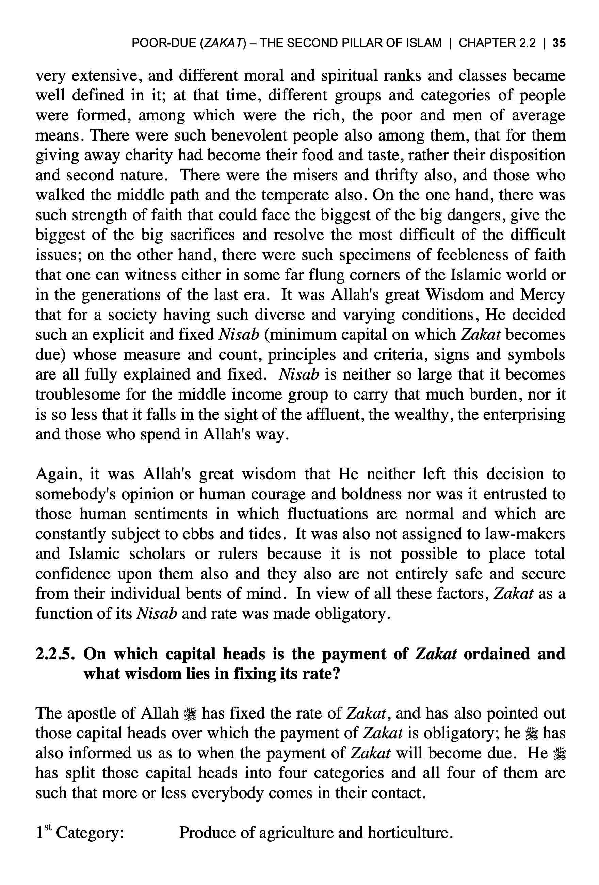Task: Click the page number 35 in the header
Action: click(x=558, y=43)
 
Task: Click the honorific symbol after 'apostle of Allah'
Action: click(x=190, y=714)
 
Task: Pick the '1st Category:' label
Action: click(x=80, y=833)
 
